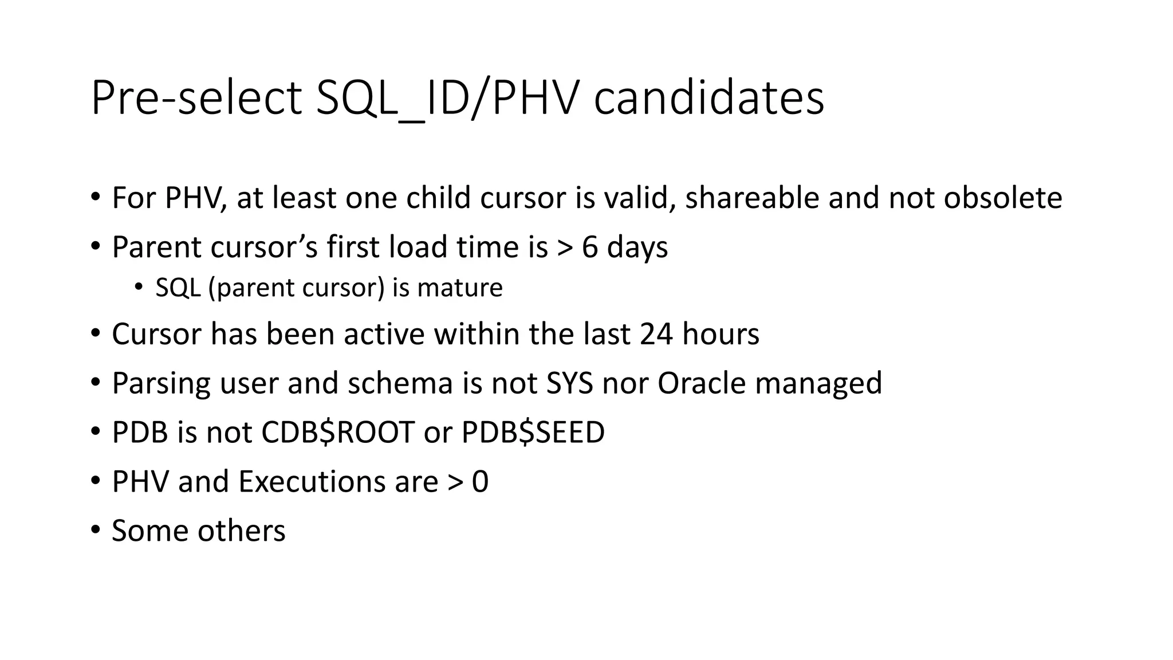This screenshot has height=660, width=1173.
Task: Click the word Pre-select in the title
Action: point(196,99)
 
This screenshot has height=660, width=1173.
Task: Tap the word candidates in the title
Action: point(708,99)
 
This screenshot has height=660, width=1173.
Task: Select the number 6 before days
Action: point(589,247)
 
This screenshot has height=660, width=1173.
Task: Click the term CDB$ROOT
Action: point(337,433)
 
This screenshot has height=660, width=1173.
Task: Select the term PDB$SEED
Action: point(533,433)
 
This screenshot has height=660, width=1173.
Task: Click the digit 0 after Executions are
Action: point(480,482)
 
